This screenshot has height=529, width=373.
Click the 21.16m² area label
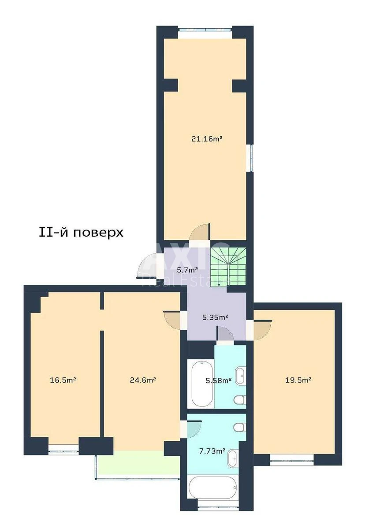coord(207,138)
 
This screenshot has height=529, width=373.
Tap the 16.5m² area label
coord(63,380)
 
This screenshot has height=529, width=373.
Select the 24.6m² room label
coord(143,380)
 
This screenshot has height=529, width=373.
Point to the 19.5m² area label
coord(298,380)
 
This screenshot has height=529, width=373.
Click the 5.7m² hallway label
coord(187,270)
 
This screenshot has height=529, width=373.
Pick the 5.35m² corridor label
coord(215,317)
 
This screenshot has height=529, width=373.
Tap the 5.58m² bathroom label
coord(218,380)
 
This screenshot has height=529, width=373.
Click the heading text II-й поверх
coord(81,232)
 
